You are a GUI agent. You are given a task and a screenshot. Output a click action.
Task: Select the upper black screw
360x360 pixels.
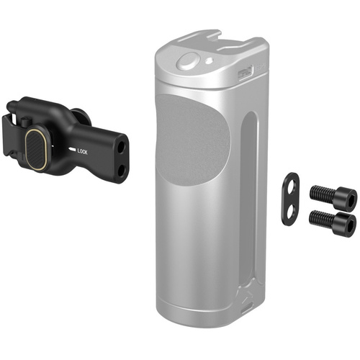pos(333,194)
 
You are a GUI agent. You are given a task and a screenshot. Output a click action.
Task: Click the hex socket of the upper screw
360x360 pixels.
pos(347,194)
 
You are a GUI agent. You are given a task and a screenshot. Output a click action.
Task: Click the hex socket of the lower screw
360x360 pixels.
pos(347,220)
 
